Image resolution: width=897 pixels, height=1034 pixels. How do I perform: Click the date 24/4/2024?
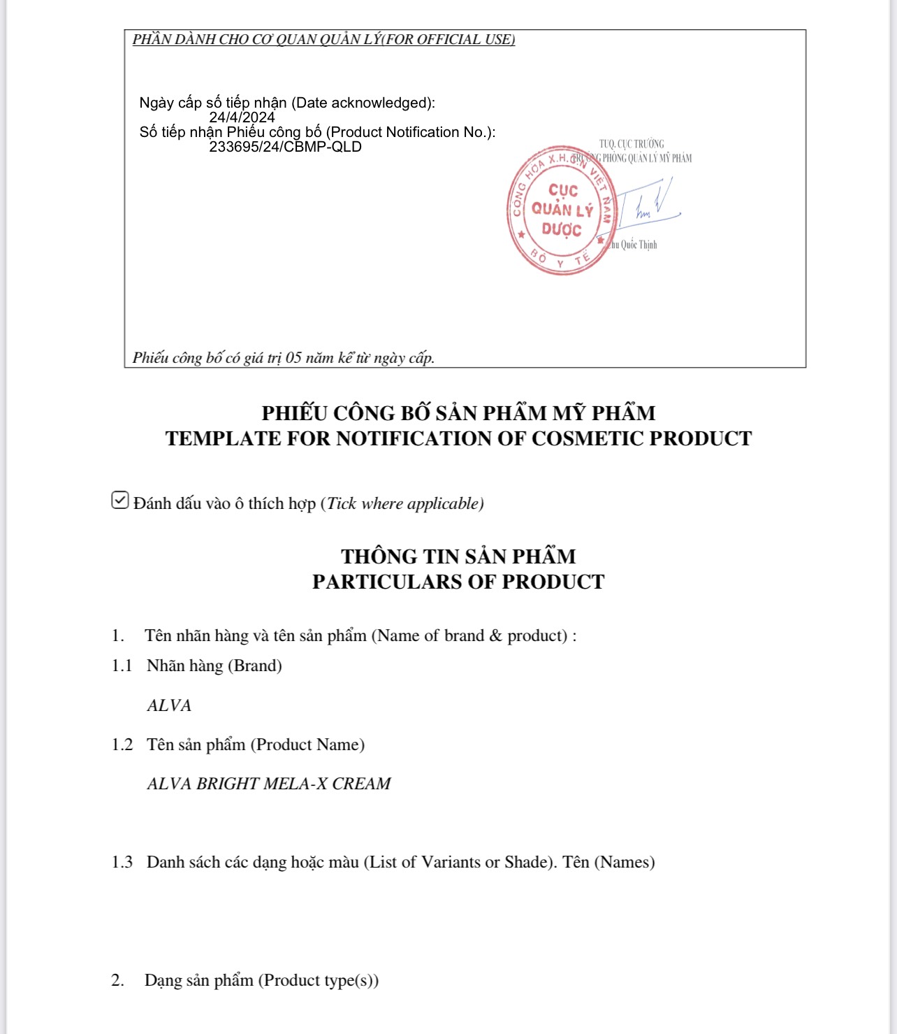tap(242, 117)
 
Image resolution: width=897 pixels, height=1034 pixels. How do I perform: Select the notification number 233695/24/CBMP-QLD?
tap(285, 147)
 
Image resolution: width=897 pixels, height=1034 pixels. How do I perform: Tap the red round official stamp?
tap(561, 210)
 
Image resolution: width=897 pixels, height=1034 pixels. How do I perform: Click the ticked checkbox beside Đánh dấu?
tap(120, 501)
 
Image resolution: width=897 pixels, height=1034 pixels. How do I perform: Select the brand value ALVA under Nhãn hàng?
tap(169, 705)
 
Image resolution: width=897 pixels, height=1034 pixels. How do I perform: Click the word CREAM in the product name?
tap(361, 784)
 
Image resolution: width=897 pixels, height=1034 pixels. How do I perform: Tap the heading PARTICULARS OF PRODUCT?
tap(458, 582)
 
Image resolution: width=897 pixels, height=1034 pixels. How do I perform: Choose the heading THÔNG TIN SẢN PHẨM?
tap(458, 557)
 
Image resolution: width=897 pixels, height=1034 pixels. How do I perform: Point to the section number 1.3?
tap(122, 862)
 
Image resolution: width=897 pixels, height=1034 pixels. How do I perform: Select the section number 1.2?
tap(122, 745)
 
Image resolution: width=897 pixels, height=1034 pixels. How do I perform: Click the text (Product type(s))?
tap(319, 980)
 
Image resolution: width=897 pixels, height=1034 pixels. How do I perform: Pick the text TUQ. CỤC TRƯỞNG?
tap(632, 144)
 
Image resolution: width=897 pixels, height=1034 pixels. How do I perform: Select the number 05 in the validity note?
tap(293, 358)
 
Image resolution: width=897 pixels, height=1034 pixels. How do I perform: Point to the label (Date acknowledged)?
tap(363, 103)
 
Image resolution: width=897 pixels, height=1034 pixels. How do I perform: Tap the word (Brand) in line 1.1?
tap(255, 666)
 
